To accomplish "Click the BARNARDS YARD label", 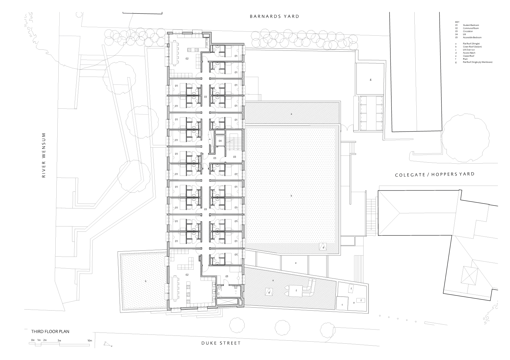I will (274, 16).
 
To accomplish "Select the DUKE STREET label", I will (221, 343).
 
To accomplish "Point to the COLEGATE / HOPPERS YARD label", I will (434, 174).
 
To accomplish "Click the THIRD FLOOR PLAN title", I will (50, 331).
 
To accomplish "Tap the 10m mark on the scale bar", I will (89, 340).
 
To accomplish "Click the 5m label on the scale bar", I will (59, 340).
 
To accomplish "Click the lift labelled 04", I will (220, 141).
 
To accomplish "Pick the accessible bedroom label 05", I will (227, 277).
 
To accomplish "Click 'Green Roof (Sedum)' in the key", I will (472, 47).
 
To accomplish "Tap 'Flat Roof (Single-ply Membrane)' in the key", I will (477, 62).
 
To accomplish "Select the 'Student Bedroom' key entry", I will (471, 25).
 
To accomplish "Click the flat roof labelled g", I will (370, 80).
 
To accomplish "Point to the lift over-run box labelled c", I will (342, 304).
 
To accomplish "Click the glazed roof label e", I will (295, 263).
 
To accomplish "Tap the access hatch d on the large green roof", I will (323, 247).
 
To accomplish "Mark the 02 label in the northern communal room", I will (187, 59).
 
